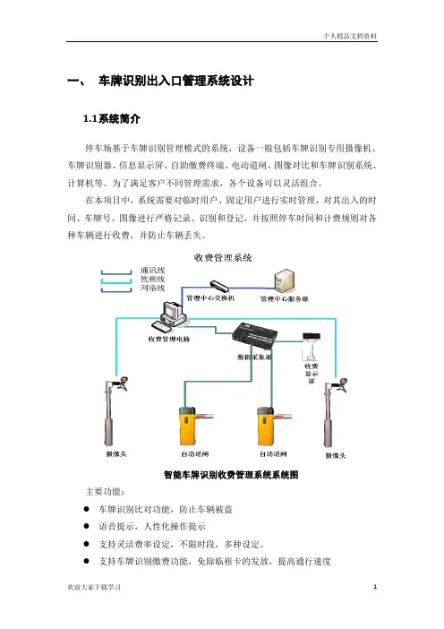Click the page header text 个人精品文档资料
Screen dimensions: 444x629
tap(350, 36)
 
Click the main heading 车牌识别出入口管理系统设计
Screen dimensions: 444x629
tap(176, 81)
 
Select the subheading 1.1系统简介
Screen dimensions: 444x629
tap(111, 119)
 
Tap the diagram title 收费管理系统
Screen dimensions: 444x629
tap(223, 257)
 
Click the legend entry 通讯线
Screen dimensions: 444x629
tap(153, 271)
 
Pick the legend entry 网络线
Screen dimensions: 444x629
tap(153, 288)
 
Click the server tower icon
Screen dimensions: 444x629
tap(284, 280)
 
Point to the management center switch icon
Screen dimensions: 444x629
tap(219, 286)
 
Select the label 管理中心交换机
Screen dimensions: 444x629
tap(210, 298)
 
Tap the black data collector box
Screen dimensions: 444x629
tap(254, 333)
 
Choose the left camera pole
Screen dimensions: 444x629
tap(115, 411)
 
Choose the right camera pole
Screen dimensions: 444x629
tap(334, 412)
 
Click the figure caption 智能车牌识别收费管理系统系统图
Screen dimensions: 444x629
tap(231, 475)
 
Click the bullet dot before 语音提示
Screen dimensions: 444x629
tap(86, 526)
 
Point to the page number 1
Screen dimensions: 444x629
tap(375, 587)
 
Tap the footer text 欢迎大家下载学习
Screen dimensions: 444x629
tap(94, 587)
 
